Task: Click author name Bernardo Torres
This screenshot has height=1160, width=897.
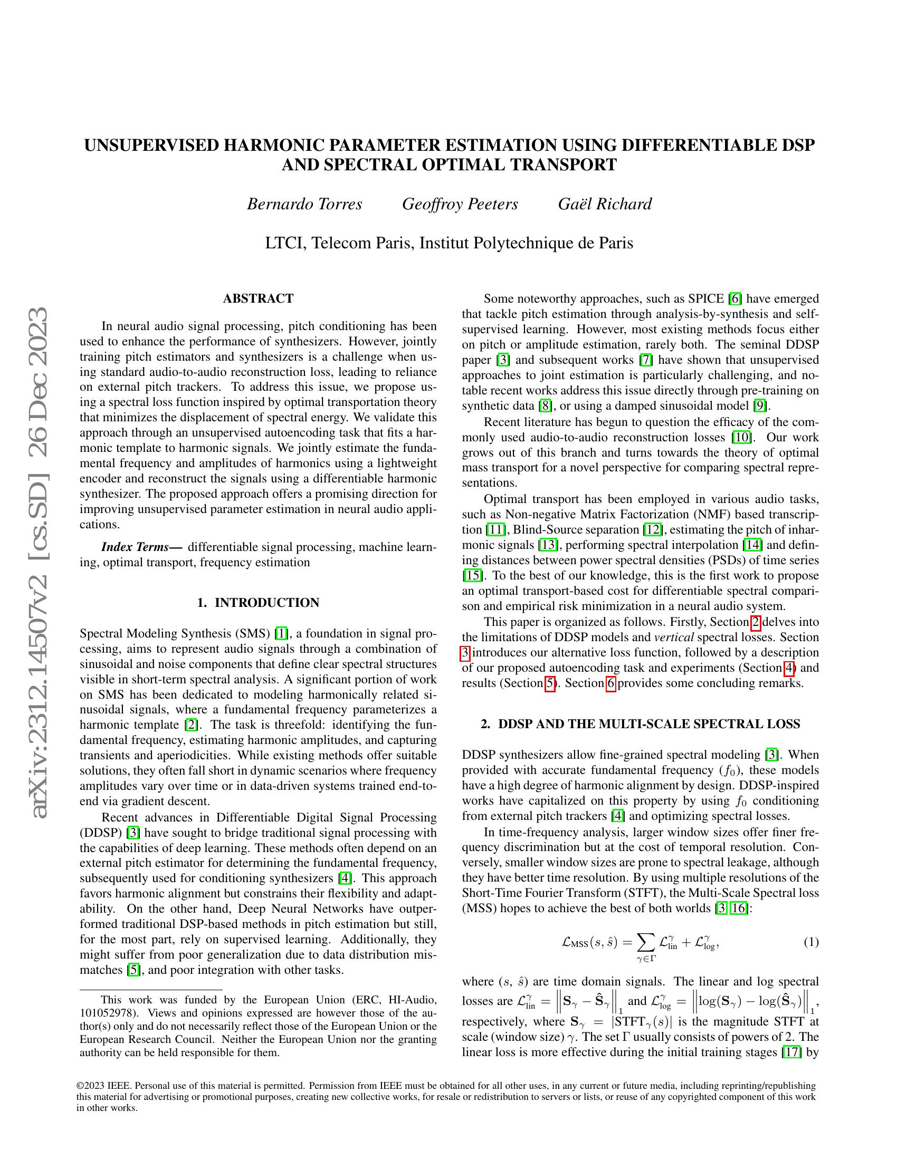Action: pyautogui.click(x=304, y=204)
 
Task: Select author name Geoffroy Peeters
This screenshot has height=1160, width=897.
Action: pyautogui.click(x=460, y=204)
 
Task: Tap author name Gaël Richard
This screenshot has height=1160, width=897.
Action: pyautogui.click(x=605, y=204)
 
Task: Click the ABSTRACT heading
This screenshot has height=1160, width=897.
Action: pyautogui.click(x=257, y=298)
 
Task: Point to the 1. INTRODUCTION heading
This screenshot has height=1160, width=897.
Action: pyautogui.click(x=257, y=603)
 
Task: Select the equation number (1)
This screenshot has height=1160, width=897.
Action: pyautogui.click(x=810, y=942)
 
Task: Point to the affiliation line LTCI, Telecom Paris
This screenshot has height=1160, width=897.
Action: pyautogui.click(x=448, y=243)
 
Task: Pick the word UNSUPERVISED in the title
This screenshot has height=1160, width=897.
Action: pyautogui.click(x=151, y=145)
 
